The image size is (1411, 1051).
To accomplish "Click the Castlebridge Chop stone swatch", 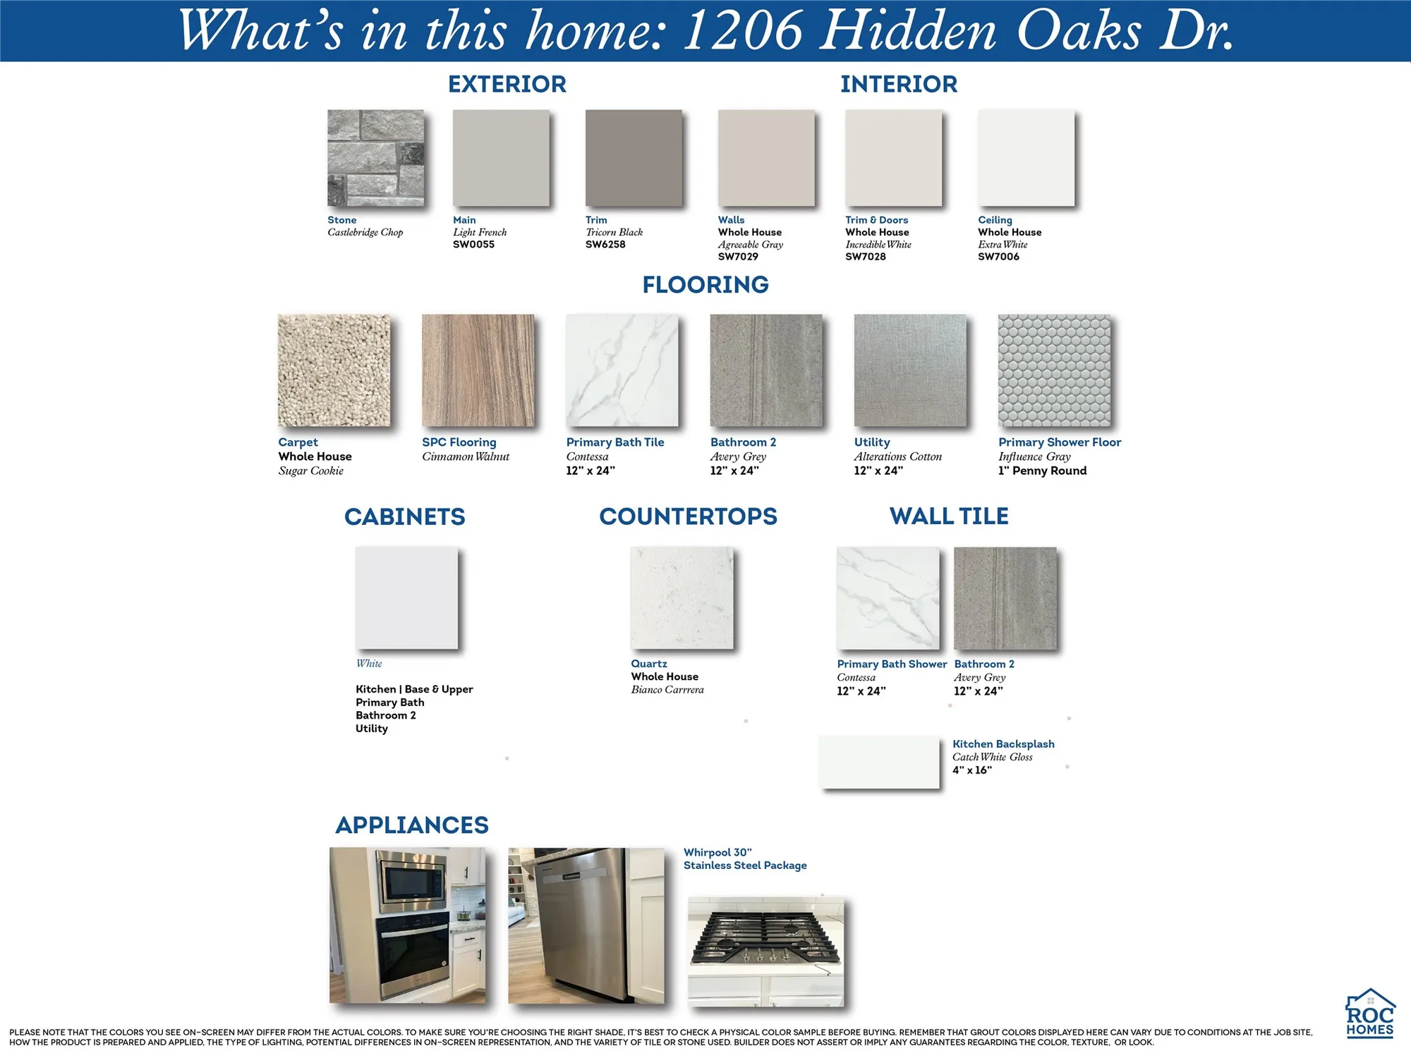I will pyautogui.click(x=375, y=157).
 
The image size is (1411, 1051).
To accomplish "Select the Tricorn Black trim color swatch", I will pyautogui.click(x=634, y=157).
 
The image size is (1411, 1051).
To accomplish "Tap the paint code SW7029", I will pyautogui.click(x=738, y=257).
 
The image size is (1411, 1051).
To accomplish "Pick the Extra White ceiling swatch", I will pyautogui.click(x=1026, y=157).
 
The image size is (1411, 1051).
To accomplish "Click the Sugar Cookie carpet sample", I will pyautogui.click(x=334, y=370).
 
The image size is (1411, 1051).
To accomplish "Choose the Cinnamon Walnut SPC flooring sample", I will pyautogui.click(x=478, y=370).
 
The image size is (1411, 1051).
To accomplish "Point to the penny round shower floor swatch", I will pyautogui.click(x=1054, y=370).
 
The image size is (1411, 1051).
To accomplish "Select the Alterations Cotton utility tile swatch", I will pyautogui.click(x=910, y=370).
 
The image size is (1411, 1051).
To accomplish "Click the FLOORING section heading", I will pyautogui.click(x=705, y=284).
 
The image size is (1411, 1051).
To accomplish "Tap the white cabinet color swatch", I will pyautogui.click(x=406, y=597).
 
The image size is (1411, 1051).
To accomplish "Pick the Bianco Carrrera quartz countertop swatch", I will pyautogui.click(x=682, y=597).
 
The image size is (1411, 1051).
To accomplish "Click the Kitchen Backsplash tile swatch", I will pyautogui.click(x=879, y=762).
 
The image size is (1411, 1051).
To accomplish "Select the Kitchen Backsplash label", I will pyautogui.click(x=1003, y=744).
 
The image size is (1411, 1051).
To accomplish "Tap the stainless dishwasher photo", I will pyautogui.click(x=586, y=925).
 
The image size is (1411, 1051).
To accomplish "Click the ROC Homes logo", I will pyautogui.click(x=1370, y=1013).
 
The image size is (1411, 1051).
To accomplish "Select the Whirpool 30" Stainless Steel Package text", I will pyautogui.click(x=745, y=858).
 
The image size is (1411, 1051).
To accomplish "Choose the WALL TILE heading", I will pyautogui.click(x=949, y=516).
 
